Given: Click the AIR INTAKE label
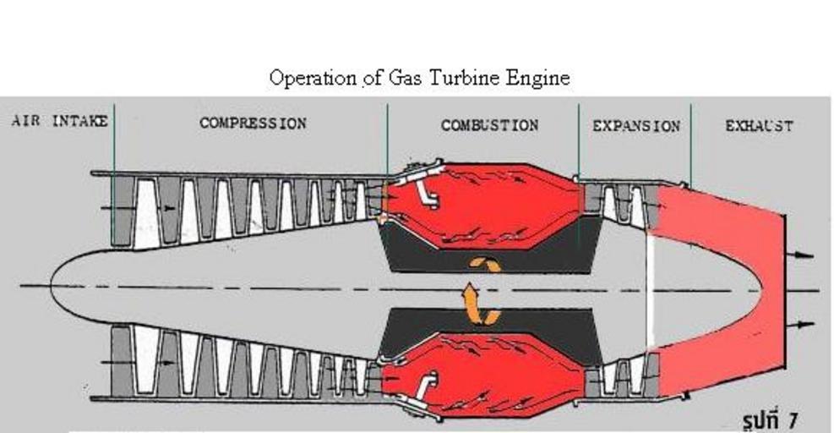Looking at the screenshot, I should click(59, 121).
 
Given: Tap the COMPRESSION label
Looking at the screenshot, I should click(253, 123).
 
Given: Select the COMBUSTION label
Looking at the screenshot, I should click(489, 125).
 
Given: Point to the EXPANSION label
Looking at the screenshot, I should click(635, 126).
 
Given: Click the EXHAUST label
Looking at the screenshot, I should click(759, 126).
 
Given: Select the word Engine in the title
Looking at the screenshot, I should click(539, 79).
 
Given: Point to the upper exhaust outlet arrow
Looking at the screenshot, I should click(804, 254).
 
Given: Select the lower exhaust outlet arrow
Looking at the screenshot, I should click(804, 324).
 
